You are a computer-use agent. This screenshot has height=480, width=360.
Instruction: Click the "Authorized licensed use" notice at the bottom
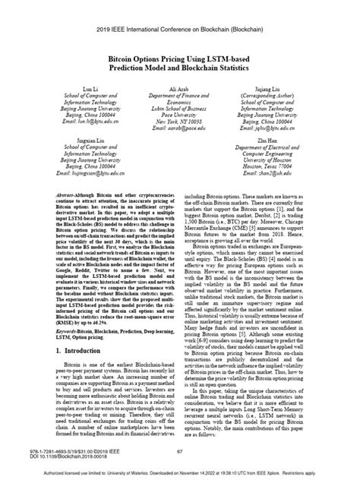pos(180,472)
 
